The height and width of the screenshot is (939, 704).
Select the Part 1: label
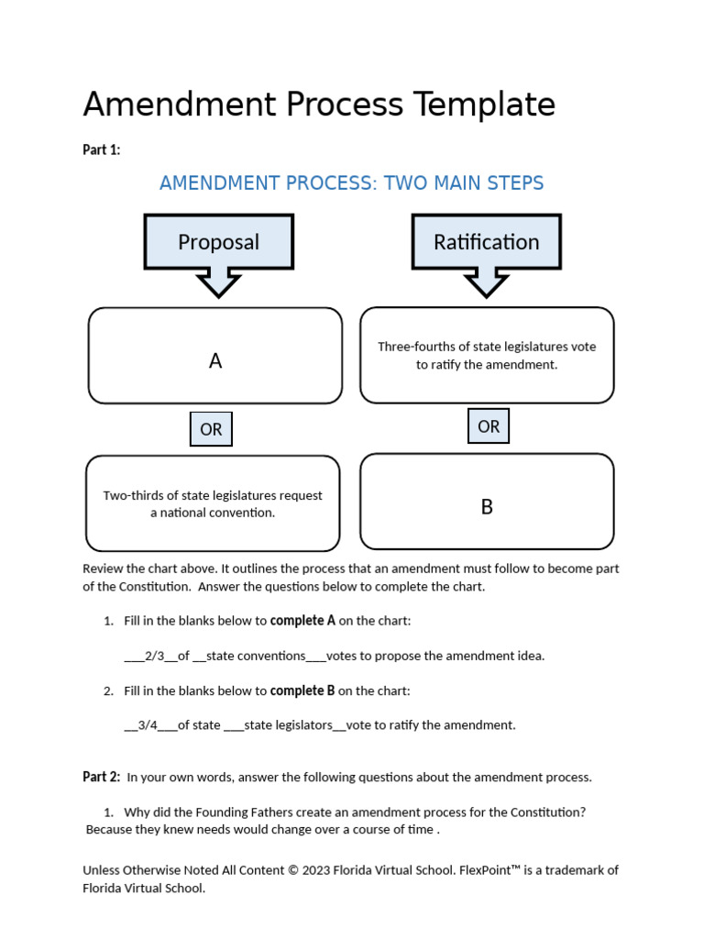(101, 150)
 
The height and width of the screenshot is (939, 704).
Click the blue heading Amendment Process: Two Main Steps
(351, 183)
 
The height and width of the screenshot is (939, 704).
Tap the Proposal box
(218, 242)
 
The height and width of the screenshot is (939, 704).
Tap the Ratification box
(486, 242)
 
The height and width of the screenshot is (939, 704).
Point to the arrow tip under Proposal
(218, 293)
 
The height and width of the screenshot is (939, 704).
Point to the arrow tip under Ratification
(486, 293)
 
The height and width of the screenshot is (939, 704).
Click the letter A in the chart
(215, 361)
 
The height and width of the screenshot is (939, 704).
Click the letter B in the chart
(487, 507)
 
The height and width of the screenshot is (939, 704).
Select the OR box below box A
(211, 429)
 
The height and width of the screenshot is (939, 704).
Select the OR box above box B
(489, 426)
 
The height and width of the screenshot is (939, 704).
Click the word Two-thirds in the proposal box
(134, 496)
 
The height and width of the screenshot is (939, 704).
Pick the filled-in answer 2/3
(154, 656)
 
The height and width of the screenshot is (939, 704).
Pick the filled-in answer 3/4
(148, 725)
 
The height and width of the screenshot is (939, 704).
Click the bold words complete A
(302, 621)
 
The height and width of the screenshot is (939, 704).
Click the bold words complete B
(302, 690)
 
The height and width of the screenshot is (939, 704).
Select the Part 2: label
(101, 777)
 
